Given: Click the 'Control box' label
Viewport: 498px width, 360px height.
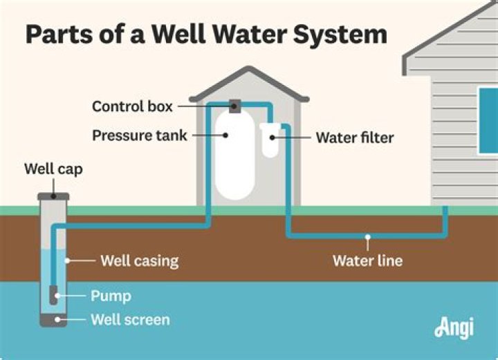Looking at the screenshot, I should point(132,106).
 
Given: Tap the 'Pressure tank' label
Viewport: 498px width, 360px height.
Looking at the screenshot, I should point(140,135).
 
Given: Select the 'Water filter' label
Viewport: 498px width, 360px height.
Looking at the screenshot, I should point(354,138).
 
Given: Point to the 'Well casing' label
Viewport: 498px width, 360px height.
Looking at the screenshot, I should point(139,260).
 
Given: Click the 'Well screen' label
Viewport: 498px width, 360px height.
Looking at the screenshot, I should point(130,320).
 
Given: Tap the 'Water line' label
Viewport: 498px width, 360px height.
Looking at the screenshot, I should point(367,260).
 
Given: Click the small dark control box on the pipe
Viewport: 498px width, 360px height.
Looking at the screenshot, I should point(234,106).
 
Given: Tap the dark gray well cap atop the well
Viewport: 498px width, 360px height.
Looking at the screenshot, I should point(53,196).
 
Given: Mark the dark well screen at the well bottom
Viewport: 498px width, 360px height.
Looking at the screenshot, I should point(53,320).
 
